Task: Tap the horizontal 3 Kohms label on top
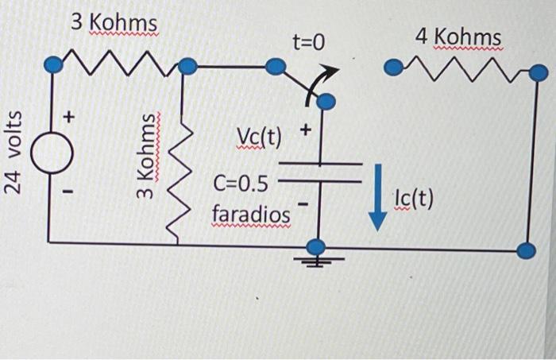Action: coord(113,22)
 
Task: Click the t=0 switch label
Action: coord(307,41)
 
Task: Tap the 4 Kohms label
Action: coord(458,37)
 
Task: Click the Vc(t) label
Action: coord(259,138)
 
